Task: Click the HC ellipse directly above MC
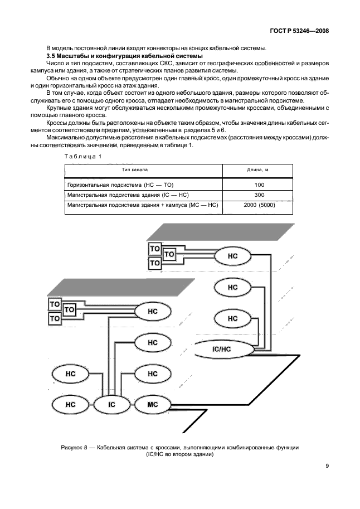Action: coord(153,374)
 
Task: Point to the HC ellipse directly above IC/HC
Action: coord(232,318)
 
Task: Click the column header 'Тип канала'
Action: coord(143,169)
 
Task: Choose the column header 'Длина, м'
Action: coord(257,169)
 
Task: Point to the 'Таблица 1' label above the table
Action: coord(83,156)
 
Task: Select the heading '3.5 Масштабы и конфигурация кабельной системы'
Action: coord(124,57)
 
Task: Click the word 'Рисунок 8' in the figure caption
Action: coord(75,448)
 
